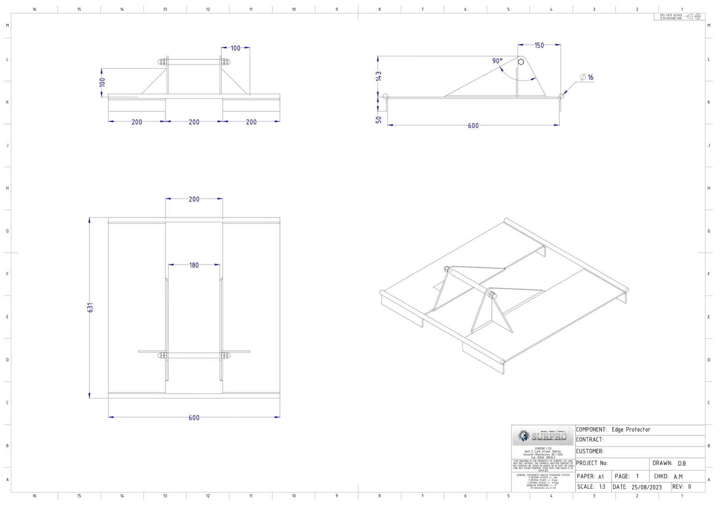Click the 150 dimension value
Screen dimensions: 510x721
[x=539, y=45]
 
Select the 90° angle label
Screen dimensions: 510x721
[x=497, y=61]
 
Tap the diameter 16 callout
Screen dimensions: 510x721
[x=587, y=77]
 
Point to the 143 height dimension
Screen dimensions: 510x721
[x=379, y=76]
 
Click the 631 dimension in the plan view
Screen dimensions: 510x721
[x=90, y=307]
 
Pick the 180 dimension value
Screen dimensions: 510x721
[x=194, y=265]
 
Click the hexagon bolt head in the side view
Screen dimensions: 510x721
[x=521, y=62]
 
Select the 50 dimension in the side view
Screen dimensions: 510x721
[x=379, y=119]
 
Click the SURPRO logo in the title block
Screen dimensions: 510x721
[x=544, y=436]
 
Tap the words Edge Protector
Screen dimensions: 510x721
[x=631, y=430]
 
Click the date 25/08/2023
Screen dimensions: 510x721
[x=646, y=487]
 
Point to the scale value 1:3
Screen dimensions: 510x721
[x=602, y=487]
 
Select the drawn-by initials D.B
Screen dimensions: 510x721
[x=682, y=463]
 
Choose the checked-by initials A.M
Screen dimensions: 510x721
[x=678, y=476]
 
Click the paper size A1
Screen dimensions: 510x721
[x=601, y=477]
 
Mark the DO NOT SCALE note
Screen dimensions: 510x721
[x=671, y=16]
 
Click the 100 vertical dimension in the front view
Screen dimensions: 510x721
[x=102, y=82]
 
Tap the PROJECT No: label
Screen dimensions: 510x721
[x=592, y=463]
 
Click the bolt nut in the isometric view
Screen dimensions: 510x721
[x=492, y=294]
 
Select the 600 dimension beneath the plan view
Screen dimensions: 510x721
[x=194, y=418]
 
